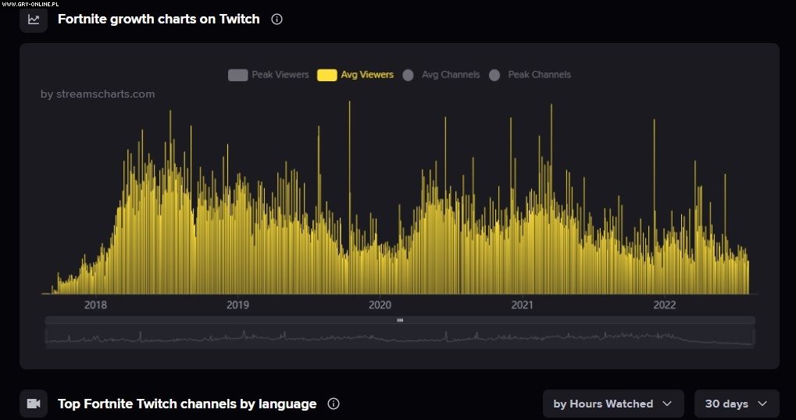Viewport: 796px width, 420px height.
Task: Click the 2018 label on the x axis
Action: pos(95,304)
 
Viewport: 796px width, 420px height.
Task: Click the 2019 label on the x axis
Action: pos(237,304)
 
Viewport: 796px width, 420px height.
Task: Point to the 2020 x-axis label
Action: pos(380,304)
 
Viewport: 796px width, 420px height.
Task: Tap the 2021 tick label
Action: pos(522,304)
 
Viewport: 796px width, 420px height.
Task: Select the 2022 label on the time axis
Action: pos(664,304)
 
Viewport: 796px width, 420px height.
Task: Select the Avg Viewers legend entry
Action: pos(367,75)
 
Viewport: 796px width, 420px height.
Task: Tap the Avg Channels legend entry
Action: pos(450,75)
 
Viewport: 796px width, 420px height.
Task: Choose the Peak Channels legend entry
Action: pos(539,75)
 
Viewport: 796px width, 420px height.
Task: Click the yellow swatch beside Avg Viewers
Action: pos(327,75)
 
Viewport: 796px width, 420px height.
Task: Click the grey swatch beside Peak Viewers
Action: pos(237,75)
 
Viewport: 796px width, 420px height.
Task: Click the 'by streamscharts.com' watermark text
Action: pos(98,94)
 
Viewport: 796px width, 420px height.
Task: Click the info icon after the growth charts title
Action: pos(277,20)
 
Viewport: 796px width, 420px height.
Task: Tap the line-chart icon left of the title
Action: pos(34,20)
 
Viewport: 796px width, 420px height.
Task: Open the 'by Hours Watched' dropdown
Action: pos(612,404)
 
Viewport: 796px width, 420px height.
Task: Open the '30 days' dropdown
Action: pos(736,404)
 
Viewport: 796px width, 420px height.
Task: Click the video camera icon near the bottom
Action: pos(34,404)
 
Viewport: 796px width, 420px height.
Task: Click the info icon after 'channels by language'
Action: pos(334,404)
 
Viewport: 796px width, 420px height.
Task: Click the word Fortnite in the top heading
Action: pos(82,20)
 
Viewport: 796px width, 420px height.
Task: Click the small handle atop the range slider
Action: pos(400,320)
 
